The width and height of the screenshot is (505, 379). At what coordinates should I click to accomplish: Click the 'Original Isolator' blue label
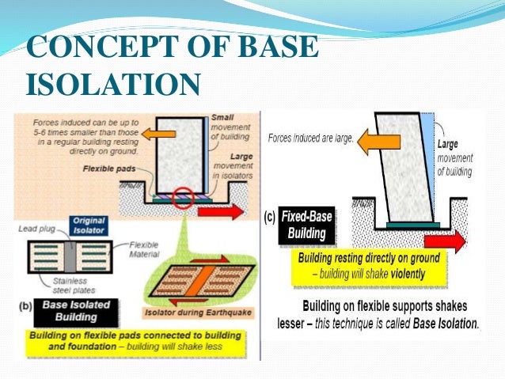tap(89, 225)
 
